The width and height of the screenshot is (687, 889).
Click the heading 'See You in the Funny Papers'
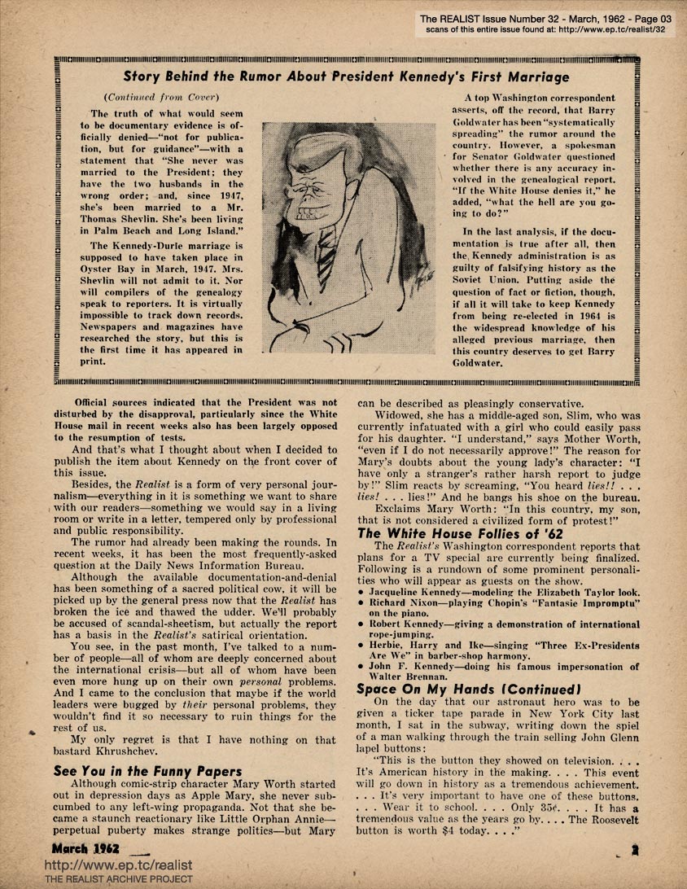click(147, 771)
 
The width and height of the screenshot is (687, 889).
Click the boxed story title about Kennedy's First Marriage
click(346, 77)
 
